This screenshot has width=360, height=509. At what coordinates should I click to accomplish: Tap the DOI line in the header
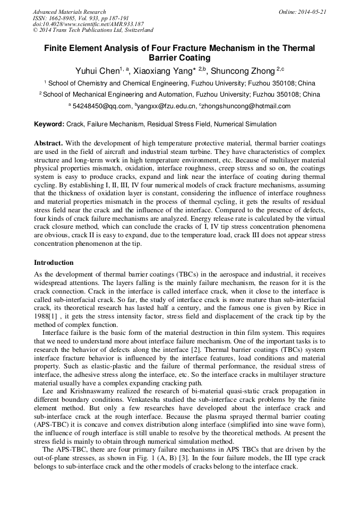click(88, 24)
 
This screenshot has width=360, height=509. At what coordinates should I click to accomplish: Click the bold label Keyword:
click(49, 124)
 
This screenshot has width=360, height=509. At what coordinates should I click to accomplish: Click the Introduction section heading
click(54, 263)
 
